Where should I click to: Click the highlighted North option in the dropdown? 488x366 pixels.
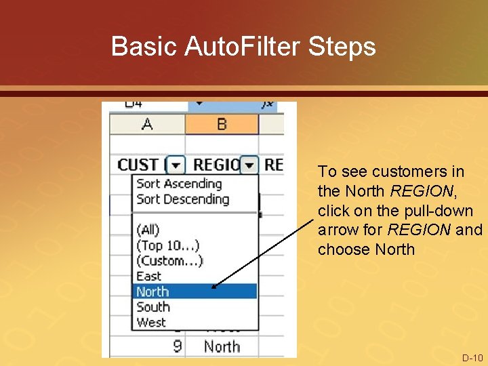pyautogui.click(x=152, y=291)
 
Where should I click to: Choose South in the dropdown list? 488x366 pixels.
pyautogui.click(x=152, y=307)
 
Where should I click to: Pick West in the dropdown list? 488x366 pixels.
pyautogui.click(x=151, y=323)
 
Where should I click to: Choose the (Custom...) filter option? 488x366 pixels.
pyautogui.click(x=169, y=261)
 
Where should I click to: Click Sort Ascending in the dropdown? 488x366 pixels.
pyautogui.click(x=179, y=184)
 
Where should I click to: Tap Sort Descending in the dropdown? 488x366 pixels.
pyautogui.click(x=182, y=199)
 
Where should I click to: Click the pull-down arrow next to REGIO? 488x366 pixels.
pyautogui.click(x=250, y=165)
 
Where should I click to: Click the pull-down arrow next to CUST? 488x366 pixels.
pyautogui.click(x=176, y=165)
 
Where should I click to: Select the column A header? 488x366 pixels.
pyautogui.click(x=147, y=125)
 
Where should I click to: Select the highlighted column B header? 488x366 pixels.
pyautogui.click(x=221, y=125)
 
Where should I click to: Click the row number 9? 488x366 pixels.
pyautogui.click(x=177, y=346)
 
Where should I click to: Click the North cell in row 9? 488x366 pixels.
pyautogui.click(x=222, y=346)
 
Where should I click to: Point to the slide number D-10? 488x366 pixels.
pyautogui.click(x=472, y=357)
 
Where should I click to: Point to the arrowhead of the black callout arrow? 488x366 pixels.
pyautogui.click(x=213, y=287)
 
